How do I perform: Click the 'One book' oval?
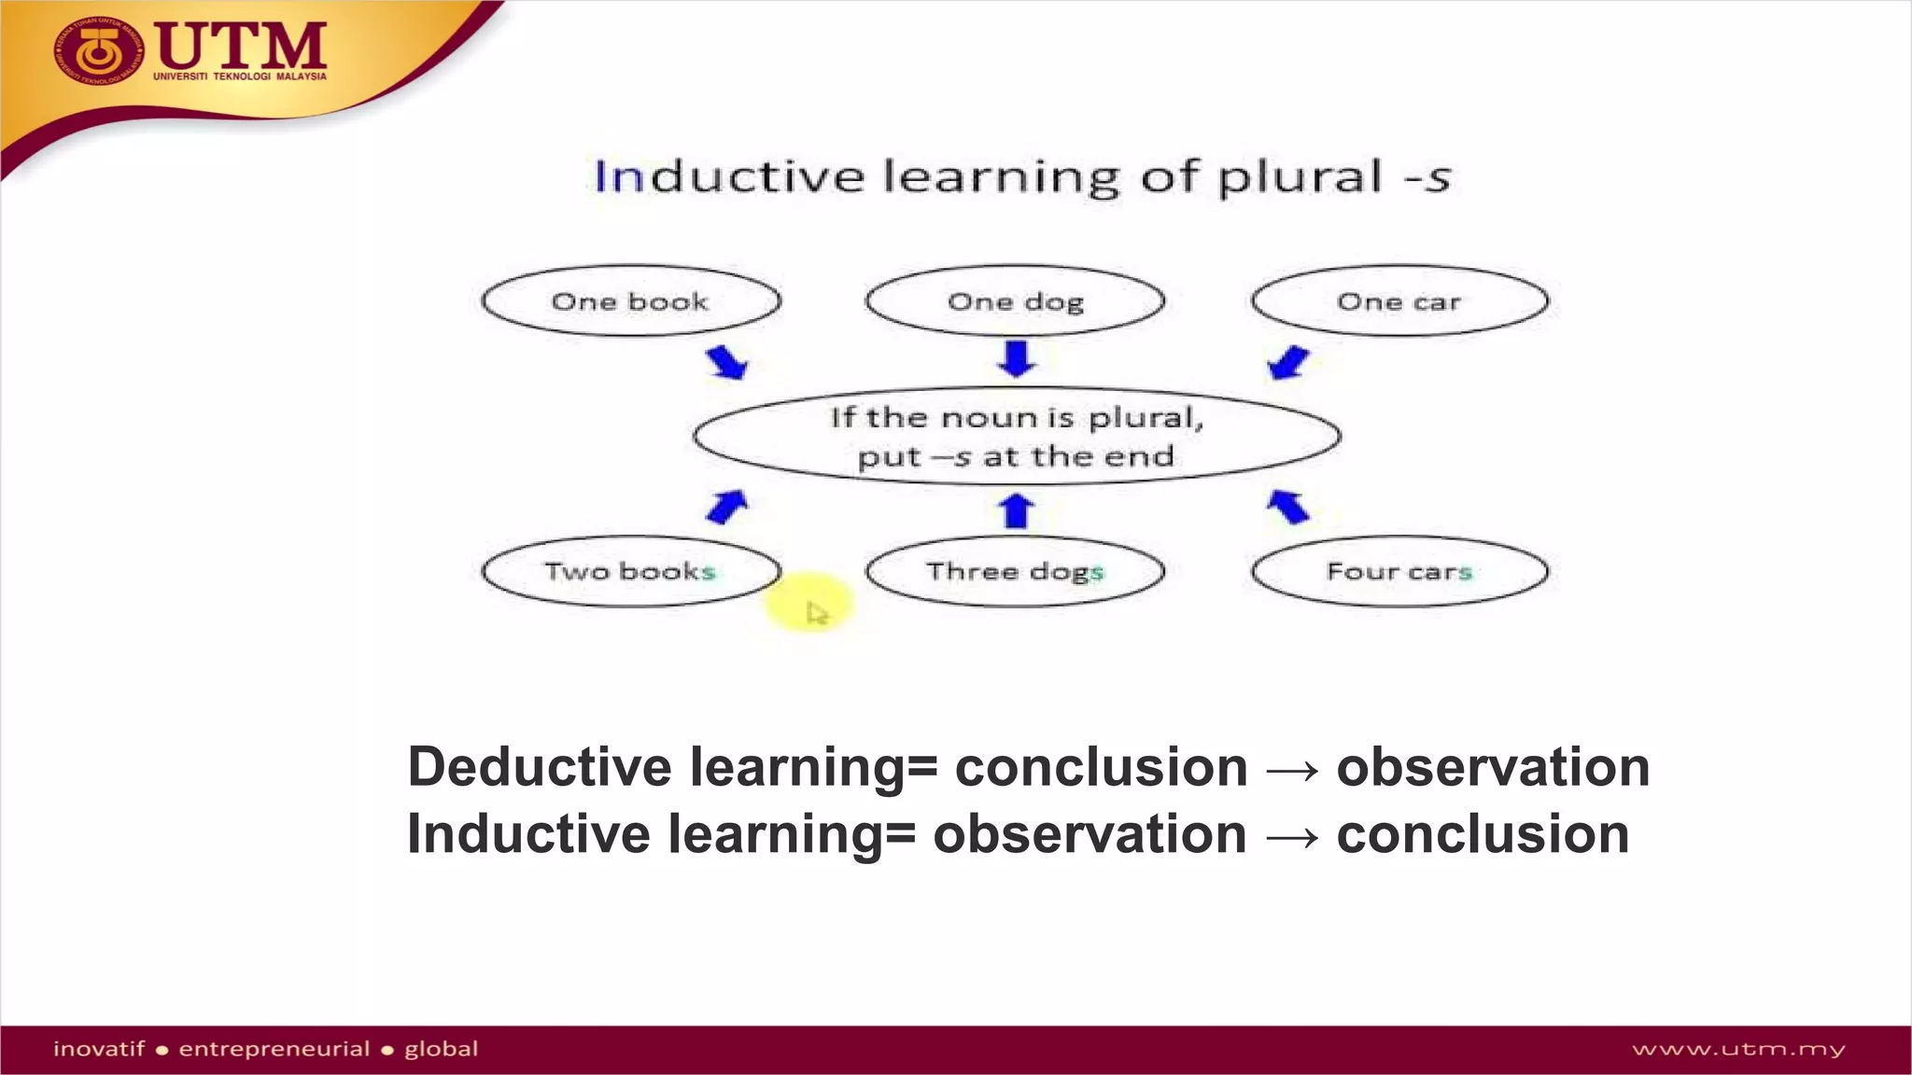coord(631,301)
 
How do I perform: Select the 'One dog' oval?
coord(1015,301)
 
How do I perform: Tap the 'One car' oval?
coord(1399,301)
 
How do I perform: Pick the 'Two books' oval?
coord(631,571)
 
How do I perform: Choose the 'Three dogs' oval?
coord(1015,571)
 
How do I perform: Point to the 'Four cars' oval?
coord(1399,571)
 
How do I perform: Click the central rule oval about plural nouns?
coord(1016,437)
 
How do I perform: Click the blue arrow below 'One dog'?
coord(1017,358)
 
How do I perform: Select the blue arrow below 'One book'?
coord(726,362)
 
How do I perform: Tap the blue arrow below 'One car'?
coord(1289,362)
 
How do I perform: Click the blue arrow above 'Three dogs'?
coord(1017,510)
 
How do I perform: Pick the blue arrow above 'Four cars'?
coord(1288,507)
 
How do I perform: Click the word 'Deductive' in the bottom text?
coord(540,767)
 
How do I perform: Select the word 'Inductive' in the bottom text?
coord(528,834)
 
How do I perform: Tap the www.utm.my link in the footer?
coord(1738,1050)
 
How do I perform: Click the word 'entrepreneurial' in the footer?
coord(274,1049)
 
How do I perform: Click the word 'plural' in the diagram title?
coord(1300,177)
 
